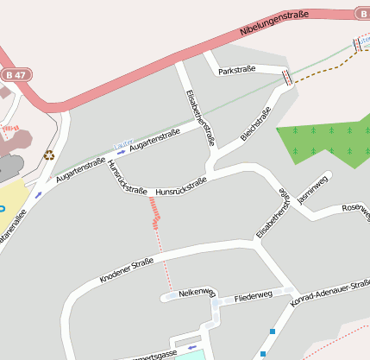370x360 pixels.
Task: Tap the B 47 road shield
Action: click(12, 75)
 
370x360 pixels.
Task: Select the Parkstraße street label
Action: click(237, 71)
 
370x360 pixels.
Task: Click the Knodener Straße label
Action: click(126, 269)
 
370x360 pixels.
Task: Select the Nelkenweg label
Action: click(195, 294)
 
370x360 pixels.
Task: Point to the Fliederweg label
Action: click(253, 294)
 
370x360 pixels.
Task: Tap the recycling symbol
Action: click(49, 155)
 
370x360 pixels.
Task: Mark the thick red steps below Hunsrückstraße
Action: click(155, 211)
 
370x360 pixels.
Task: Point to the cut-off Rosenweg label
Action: click(356, 210)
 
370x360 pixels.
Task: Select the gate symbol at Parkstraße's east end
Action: click(286, 77)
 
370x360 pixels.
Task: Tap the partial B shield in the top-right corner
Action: click(363, 13)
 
